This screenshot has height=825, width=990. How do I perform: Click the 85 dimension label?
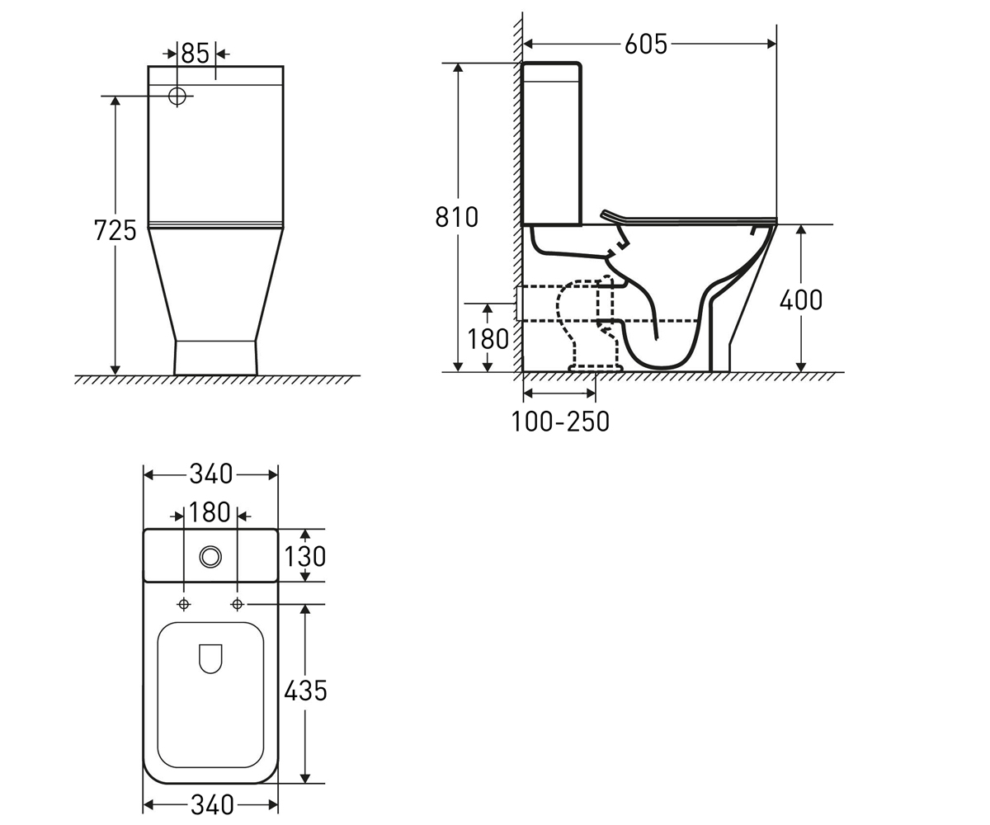point(195,53)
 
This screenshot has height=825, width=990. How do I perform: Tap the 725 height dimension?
point(115,230)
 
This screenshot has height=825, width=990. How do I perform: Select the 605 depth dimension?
point(646,44)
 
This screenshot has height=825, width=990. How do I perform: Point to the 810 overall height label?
point(456,217)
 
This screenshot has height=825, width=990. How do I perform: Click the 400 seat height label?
point(801,299)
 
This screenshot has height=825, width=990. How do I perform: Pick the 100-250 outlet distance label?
point(560,421)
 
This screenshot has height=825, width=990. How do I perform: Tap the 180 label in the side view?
point(488,339)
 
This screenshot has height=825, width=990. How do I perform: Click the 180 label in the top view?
point(210,512)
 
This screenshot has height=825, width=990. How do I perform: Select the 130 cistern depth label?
point(305,556)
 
